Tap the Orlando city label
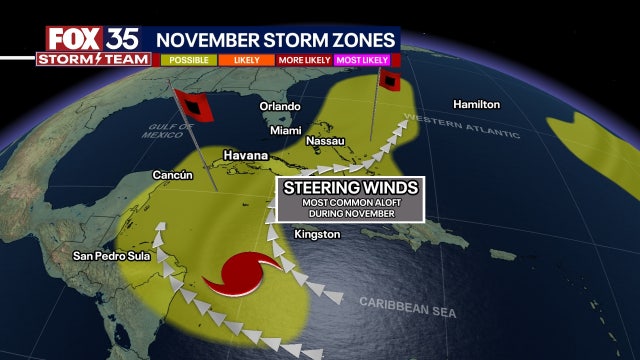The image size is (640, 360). pyautogui.click(x=280, y=106)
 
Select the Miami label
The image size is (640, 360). pyautogui.click(x=286, y=131)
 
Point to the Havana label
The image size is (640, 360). pyautogui.click(x=246, y=155)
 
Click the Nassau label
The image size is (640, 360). pyautogui.click(x=326, y=142)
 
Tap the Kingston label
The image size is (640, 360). pyautogui.click(x=318, y=234)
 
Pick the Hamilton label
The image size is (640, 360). pyautogui.click(x=476, y=104)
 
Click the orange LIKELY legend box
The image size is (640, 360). pyautogui.click(x=245, y=60)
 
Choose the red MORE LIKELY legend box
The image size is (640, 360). pyautogui.click(x=304, y=60)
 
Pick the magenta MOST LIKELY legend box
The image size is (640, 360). pyautogui.click(x=363, y=60)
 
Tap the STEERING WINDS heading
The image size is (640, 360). pyautogui.click(x=350, y=188)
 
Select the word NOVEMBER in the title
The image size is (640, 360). pyautogui.click(x=208, y=38)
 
